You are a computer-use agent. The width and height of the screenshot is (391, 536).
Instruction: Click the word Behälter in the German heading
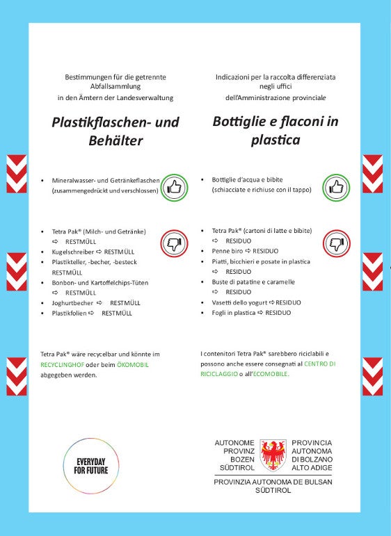(116, 141)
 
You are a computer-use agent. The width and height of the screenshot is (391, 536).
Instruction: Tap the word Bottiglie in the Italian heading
(243, 122)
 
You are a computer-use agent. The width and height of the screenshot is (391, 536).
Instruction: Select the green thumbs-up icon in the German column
(173, 187)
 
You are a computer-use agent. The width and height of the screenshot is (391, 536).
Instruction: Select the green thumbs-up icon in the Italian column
(336, 187)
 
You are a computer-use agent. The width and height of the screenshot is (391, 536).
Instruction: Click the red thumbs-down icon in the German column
(173, 244)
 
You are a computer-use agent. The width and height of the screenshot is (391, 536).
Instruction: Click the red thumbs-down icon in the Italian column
(336, 244)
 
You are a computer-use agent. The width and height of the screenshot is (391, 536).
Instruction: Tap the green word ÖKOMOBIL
(133, 364)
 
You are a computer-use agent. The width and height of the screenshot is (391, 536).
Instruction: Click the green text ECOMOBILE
(269, 374)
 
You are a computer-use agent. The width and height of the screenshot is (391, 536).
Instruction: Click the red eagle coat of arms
(273, 456)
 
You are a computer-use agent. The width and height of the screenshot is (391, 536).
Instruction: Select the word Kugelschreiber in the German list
(72, 251)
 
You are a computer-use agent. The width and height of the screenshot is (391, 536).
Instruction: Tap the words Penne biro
(228, 250)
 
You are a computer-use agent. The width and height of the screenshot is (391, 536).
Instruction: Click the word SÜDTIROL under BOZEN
(235, 467)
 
